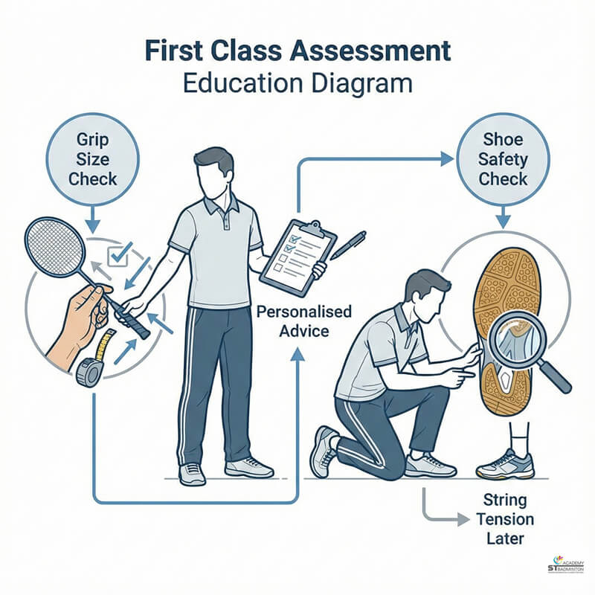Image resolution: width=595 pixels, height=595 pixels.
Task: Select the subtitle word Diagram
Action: [362, 84]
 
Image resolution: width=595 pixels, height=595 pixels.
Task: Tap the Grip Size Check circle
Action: [92, 159]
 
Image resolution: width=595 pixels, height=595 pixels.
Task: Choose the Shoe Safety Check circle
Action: [503, 159]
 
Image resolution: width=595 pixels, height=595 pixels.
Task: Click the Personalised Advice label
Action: [304, 321]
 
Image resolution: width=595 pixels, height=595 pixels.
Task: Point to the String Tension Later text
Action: [505, 519]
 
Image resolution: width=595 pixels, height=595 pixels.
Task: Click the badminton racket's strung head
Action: [54, 247]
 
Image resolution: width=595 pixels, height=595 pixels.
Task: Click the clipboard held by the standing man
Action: [298, 258]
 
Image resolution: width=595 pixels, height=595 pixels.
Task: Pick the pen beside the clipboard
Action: [348, 245]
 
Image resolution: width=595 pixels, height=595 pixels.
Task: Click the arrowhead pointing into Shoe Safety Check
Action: [447, 159]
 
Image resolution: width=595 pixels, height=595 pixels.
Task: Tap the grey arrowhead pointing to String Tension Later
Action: [463, 519]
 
